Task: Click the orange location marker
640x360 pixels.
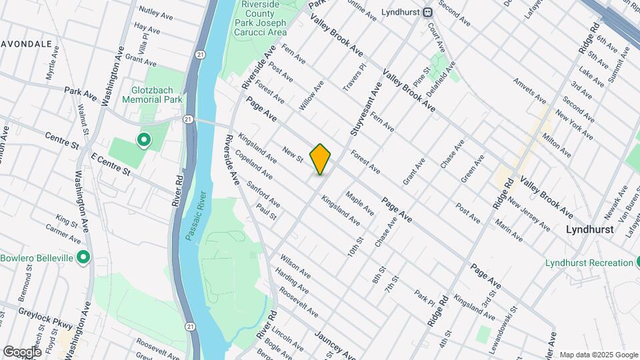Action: [320, 159]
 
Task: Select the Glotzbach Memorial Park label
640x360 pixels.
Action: [152, 94]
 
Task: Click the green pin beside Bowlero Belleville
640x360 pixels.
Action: [83, 257]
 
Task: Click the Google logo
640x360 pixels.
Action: [21, 351]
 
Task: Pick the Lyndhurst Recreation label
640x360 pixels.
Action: [588, 263]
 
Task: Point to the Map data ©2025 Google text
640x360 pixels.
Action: [597, 355]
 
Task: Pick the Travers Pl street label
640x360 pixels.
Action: [354, 77]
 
